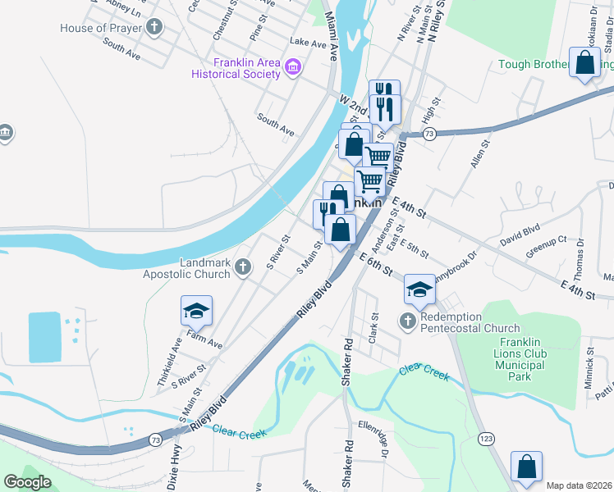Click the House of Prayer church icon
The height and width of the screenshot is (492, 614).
coord(154,28)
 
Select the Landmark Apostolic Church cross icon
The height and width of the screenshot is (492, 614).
coord(242,267)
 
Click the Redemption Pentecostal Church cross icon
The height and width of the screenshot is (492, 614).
coord(408,321)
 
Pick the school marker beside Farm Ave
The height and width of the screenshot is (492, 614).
coord(196,311)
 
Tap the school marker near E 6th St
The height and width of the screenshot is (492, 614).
coord(419,289)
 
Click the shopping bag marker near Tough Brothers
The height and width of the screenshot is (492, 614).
coord(584,63)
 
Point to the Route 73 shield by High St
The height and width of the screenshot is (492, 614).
coord(428,133)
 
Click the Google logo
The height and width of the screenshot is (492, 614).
coord(27,481)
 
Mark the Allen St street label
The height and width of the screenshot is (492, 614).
coord(480,153)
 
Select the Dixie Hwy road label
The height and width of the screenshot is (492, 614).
coord(174,467)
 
